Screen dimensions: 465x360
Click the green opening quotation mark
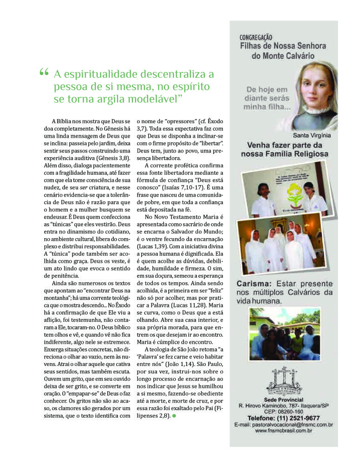click(x=44, y=73)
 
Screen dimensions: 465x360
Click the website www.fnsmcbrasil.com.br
click(x=283, y=431)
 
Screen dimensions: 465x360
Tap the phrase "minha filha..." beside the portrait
click(x=268, y=107)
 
